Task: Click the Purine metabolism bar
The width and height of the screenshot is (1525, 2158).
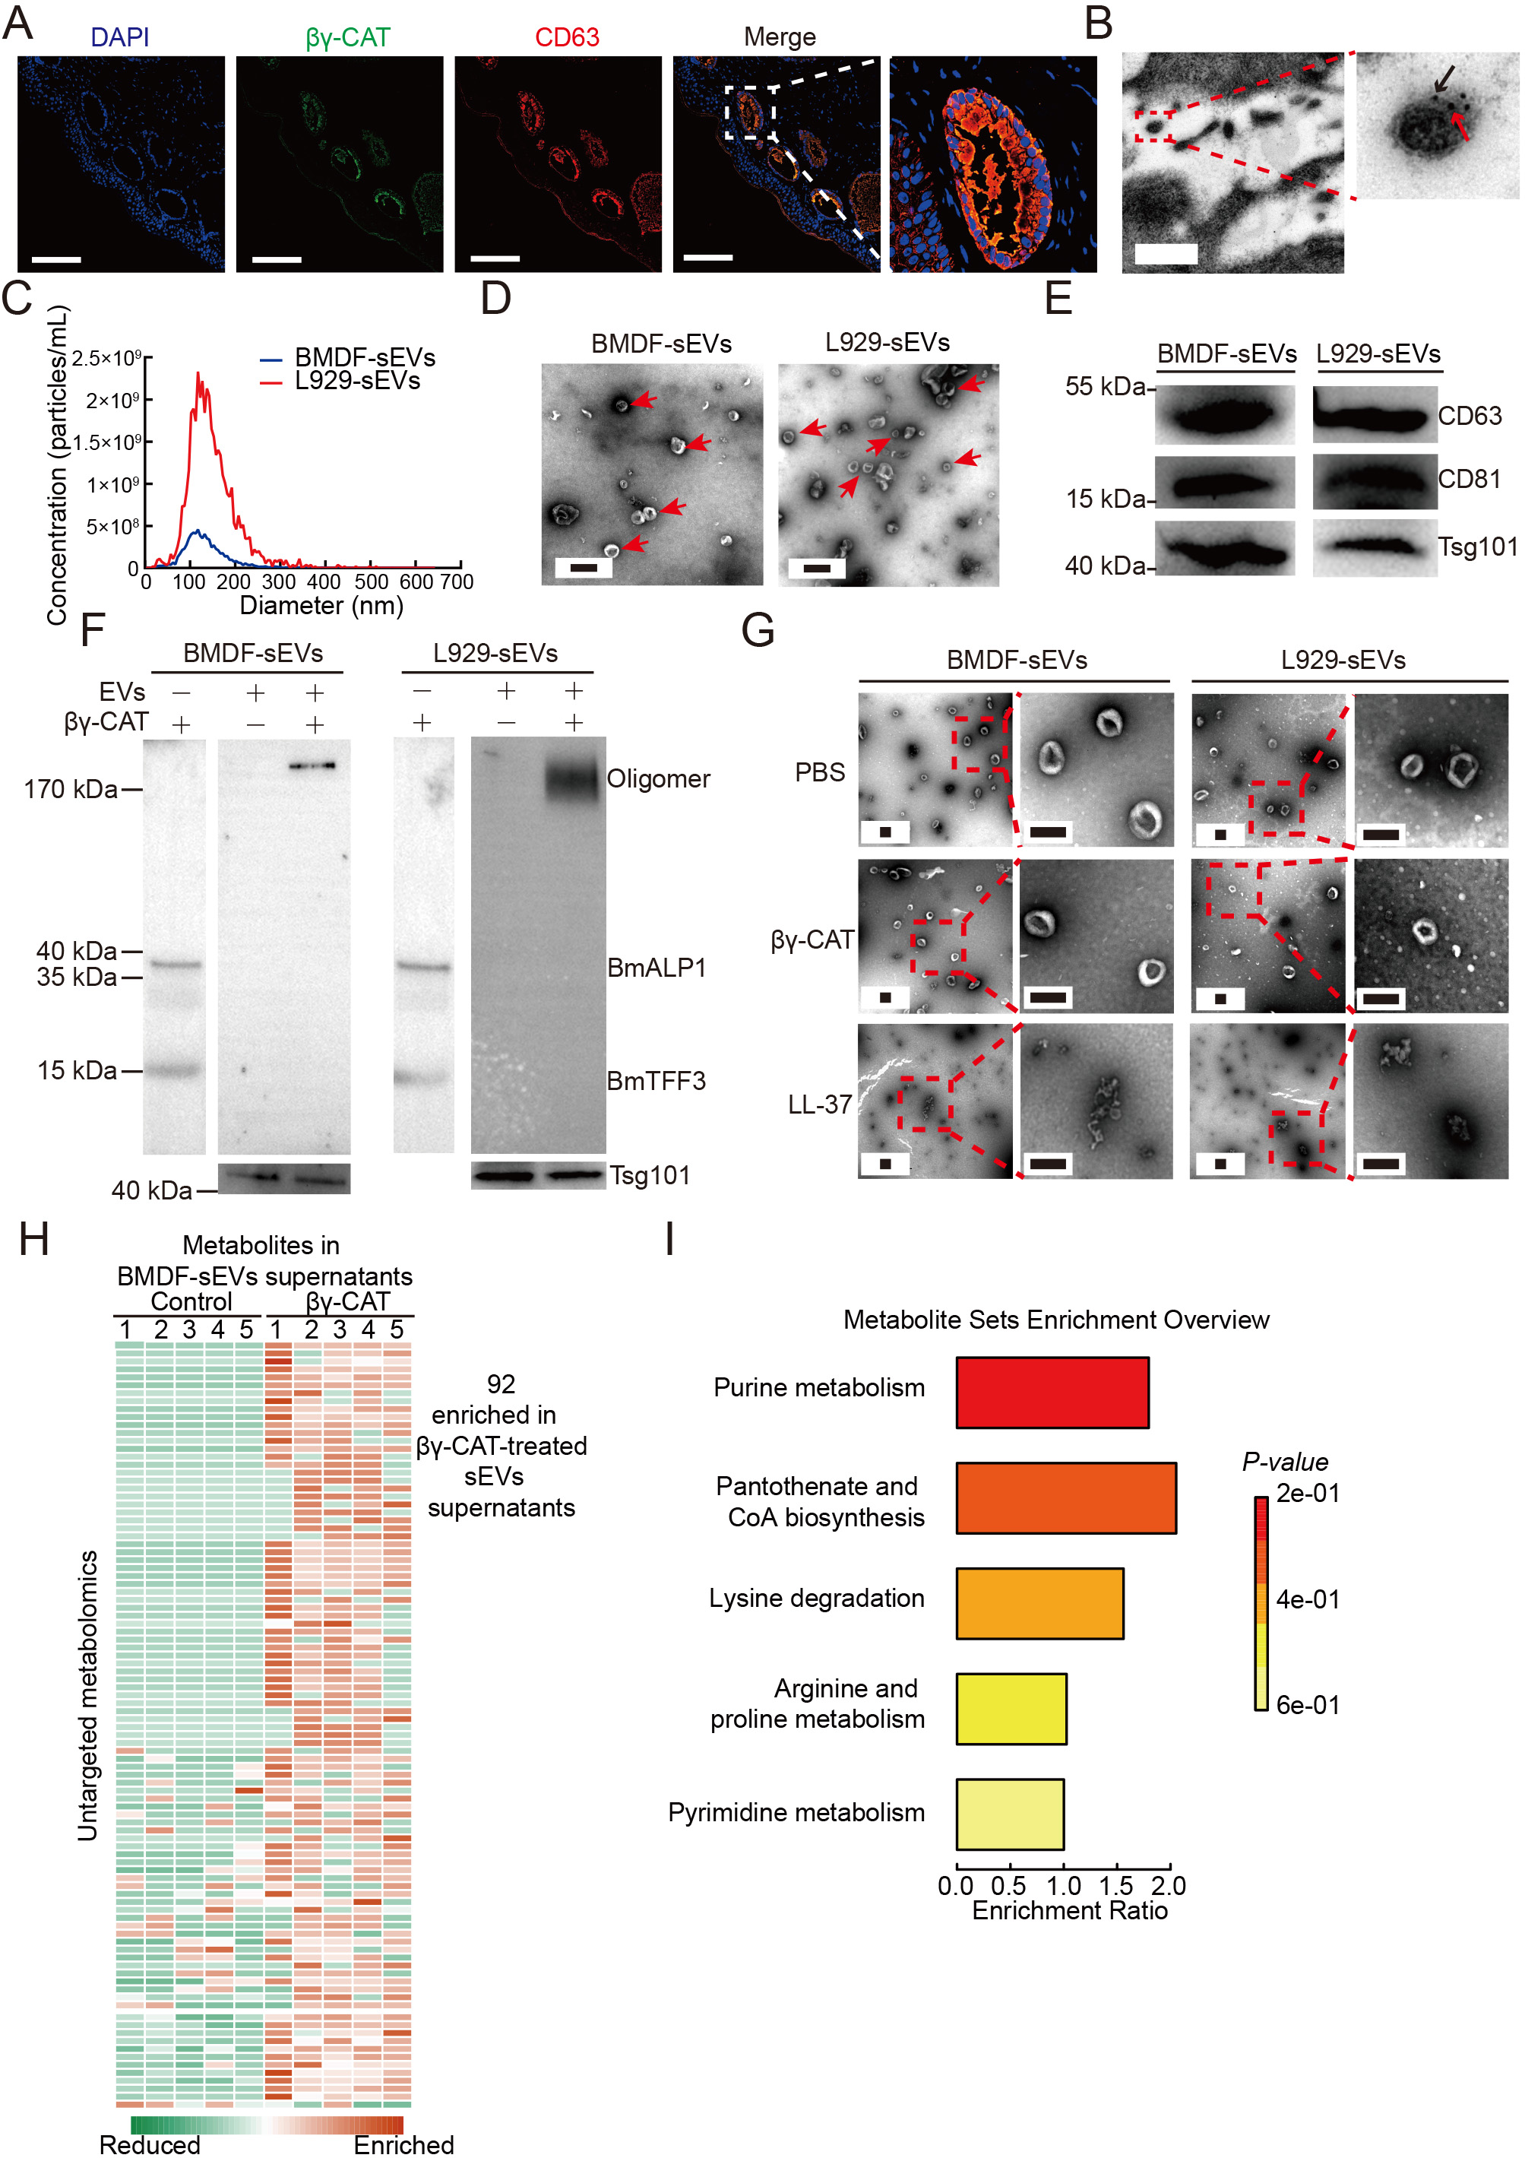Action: point(1052,1392)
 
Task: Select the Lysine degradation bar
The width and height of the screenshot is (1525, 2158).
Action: point(1039,1602)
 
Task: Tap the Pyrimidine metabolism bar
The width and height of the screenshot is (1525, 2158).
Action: point(1009,1813)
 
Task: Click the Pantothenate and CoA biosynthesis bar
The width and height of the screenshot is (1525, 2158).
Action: point(1065,1497)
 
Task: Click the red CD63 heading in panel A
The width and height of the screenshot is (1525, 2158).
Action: point(567,37)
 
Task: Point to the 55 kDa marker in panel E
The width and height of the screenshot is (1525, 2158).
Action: point(1104,387)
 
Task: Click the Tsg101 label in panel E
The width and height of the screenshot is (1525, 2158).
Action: point(1477,547)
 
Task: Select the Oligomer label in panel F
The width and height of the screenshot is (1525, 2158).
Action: point(658,779)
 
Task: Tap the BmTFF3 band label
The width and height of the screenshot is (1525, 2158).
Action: point(656,1081)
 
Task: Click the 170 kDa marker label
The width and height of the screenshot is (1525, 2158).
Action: point(71,790)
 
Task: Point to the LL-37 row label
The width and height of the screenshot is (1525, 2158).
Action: point(819,1104)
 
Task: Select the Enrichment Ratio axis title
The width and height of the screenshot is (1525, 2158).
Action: point(1069,1911)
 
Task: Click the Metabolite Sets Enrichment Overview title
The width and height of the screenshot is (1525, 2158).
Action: point(1055,1320)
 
